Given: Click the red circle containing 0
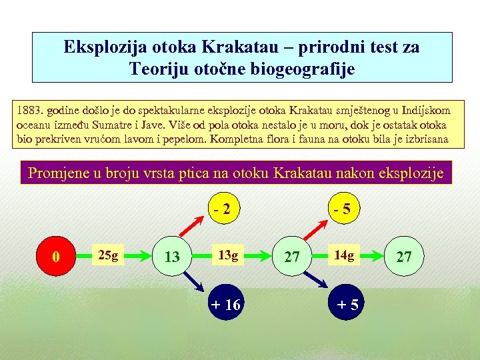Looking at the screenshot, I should (x=57, y=255).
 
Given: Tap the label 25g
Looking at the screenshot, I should (x=108, y=255).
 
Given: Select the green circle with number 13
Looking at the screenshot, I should (x=172, y=256).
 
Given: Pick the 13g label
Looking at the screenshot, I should (x=228, y=255).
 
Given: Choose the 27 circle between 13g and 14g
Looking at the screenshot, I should (x=292, y=256).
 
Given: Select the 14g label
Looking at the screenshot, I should (x=344, y=255).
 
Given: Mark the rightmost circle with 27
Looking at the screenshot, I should (x=404, y=256).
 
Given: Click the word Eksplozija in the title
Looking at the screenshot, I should (x=97, y=48).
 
